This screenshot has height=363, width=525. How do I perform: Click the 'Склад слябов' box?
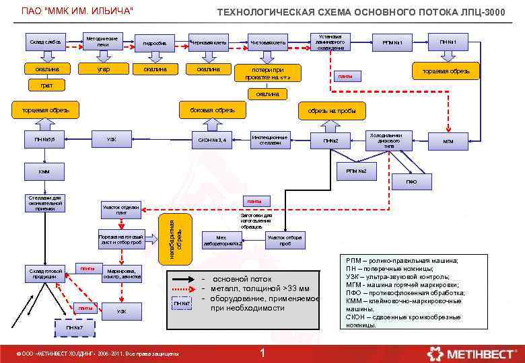click(x=45, y=42)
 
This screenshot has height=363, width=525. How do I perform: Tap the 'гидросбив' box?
click(x=154, y=43)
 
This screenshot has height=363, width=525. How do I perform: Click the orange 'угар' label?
click(x=102, y=69)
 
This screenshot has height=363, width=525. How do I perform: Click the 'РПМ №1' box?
click(x=392, y=43)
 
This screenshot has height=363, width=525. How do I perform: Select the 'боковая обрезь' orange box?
click(x=212, y=110)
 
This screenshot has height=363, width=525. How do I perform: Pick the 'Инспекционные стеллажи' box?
click(x=270, y=139)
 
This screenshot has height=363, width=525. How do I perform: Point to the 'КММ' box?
click(x=44, y=171)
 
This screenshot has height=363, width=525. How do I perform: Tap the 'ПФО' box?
click(x=411, y=182)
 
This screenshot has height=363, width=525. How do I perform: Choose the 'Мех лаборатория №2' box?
click(x=230, y=239)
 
